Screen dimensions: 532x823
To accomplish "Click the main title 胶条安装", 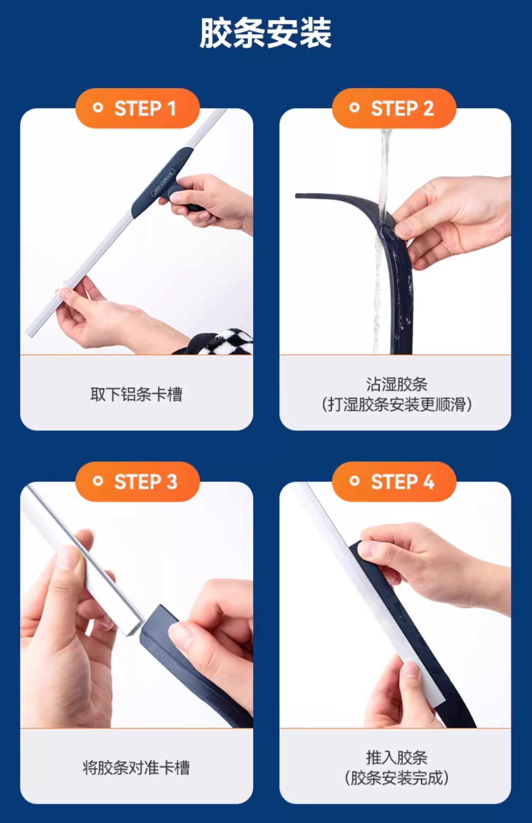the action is point(266,33).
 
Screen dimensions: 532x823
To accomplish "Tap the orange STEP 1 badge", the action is point(138,108).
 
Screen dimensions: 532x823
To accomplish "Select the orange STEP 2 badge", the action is point(394,108).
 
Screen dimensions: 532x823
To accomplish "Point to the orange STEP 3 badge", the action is point(138,481).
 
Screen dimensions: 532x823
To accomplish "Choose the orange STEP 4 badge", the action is point(394,481).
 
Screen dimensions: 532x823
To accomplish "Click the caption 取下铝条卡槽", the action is point(137,394).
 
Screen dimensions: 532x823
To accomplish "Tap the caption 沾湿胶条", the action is point(397,384).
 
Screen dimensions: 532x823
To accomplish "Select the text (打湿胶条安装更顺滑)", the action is point(397,404).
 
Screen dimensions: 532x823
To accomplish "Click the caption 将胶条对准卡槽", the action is point(136,768).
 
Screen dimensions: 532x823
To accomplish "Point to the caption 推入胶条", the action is point(397,758).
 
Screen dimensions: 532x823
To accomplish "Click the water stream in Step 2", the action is point(381,241).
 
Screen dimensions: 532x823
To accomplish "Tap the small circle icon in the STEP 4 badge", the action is point(354,481).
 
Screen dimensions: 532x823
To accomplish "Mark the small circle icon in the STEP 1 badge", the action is point(98,108).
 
